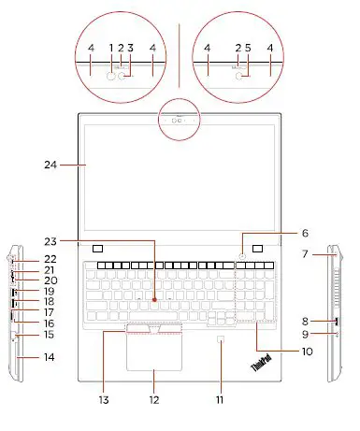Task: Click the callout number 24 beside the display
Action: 50,165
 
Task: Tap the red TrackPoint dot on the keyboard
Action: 154,300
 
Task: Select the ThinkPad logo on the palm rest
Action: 261,363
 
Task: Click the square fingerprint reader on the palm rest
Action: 221,338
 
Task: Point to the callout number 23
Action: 50,241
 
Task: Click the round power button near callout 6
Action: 243,256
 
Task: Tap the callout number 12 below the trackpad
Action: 154,400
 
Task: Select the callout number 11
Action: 220,400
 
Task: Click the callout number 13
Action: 104,400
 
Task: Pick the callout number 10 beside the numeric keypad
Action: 308,352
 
